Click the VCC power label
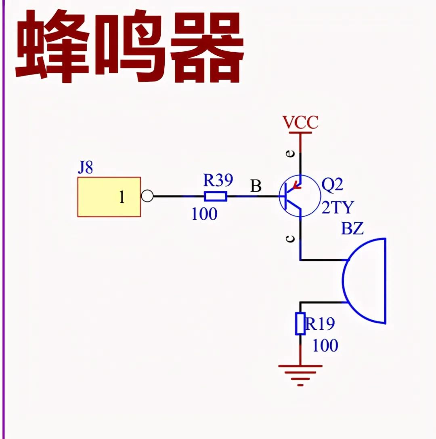point(300,122)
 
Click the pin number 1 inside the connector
point(122,198)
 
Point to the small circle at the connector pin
point(147,197)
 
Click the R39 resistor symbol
point(216,197)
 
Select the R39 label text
point(218,181)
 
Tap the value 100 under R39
point(204,214)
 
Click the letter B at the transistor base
point(256,186)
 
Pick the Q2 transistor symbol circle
point(297,197)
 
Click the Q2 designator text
point(332,185)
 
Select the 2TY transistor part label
point(337,207)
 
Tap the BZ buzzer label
point(352,229)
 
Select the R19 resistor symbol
point(300,323)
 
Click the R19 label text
point(320,324)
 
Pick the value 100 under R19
point(325,346)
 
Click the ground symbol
point(300,374)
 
